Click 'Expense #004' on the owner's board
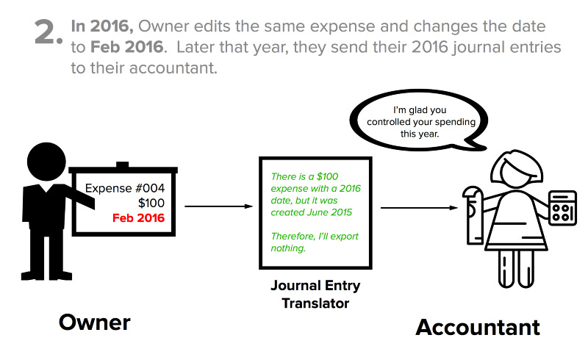(125, 187)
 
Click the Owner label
(95, 322)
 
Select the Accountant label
(478, 326)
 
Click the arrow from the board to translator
(218, 206)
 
